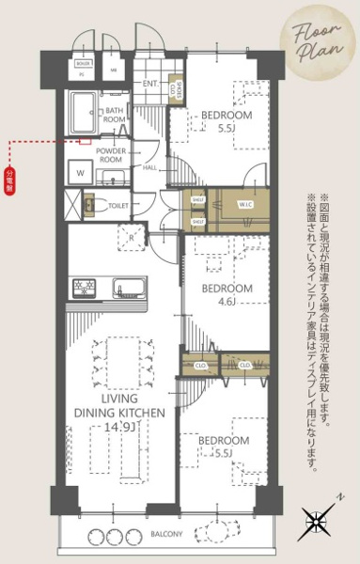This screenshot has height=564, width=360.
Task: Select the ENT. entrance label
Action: [x=151, y=83]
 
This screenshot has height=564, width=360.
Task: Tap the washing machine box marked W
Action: [x=79, y=173]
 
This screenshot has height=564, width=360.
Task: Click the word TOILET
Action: [x=119, y=204]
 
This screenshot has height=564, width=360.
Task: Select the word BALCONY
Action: [x=170, y=534]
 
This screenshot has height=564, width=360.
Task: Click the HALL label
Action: [x=150, y=168]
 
